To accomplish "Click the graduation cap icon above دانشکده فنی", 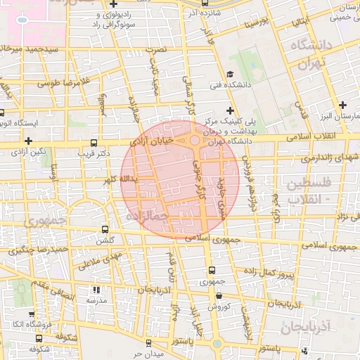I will pos(230,75).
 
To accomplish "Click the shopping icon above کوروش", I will pos(218,297).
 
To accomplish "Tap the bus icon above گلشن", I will pos(105,229).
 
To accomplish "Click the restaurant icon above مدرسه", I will pos(96,290).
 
